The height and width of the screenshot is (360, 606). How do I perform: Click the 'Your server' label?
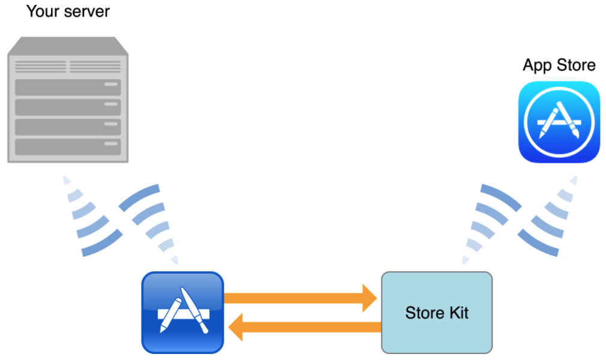[x=68, y=11]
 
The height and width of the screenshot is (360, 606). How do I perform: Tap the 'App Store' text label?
[x=559, y=65]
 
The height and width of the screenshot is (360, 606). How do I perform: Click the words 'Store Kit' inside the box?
[x=437, y=313]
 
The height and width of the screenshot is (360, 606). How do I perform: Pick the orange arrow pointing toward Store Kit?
[x=300, y=297]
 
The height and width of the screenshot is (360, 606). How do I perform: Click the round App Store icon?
[x=559, y=122]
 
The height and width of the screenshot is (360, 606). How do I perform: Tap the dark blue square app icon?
[x=182, y=312]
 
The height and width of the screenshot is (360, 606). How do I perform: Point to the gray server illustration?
[x=68, y=100]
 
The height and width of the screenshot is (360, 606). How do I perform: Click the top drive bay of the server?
[x=68, y=87]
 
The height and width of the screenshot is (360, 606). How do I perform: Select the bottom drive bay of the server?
[x=68, y=146]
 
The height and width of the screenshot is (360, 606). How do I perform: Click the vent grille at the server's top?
[x=68, y=66]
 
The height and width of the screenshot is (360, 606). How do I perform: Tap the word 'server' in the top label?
[x=89, y=11]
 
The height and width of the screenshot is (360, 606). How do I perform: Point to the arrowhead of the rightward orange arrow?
[x=367, y=297]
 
